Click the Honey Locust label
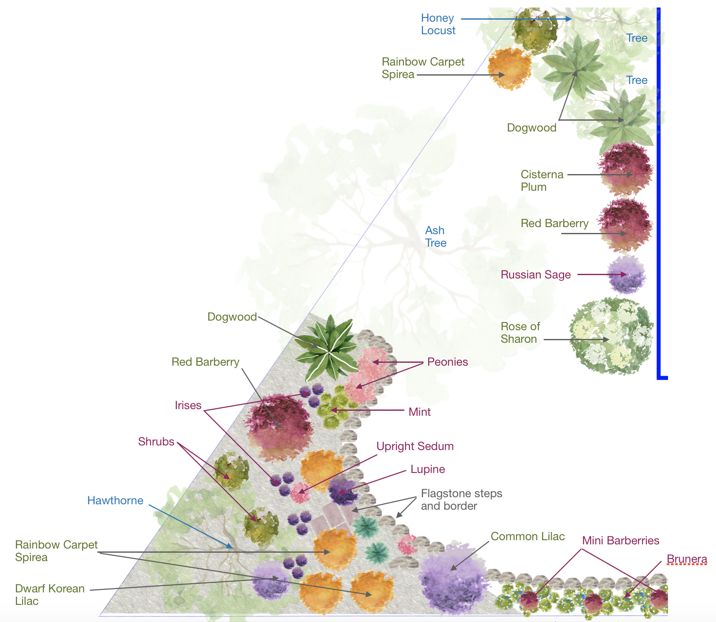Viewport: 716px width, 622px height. (x=438, y=24)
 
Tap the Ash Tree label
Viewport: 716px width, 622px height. (x=435, y=237)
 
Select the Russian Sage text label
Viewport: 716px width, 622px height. (x=535, y=275)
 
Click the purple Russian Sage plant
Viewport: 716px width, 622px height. (x=626, y=275)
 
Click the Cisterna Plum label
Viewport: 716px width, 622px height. (x=542, y=180)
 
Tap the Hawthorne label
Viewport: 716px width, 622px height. (x=115, y=501)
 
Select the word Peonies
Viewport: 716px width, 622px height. (x=447, y=362)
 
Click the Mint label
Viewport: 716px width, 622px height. (x=419, y=412)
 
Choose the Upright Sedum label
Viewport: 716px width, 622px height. (x=415, y=446)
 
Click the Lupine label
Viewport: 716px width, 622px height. (x=427, y=469)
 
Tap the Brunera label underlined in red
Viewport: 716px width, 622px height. (x=686, y=559)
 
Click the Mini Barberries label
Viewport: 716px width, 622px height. (x=620, y=541)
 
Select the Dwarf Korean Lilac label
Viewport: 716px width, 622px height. (x=50, y=595)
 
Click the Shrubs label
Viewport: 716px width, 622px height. (x=156, y=442)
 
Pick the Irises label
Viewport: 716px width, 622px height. (x=188, y=405)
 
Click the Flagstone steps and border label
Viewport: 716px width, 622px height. (x=461, y=500)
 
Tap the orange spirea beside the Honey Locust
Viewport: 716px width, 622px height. (x=509, y=69)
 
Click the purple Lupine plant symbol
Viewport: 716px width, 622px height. (x=343, y=491)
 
